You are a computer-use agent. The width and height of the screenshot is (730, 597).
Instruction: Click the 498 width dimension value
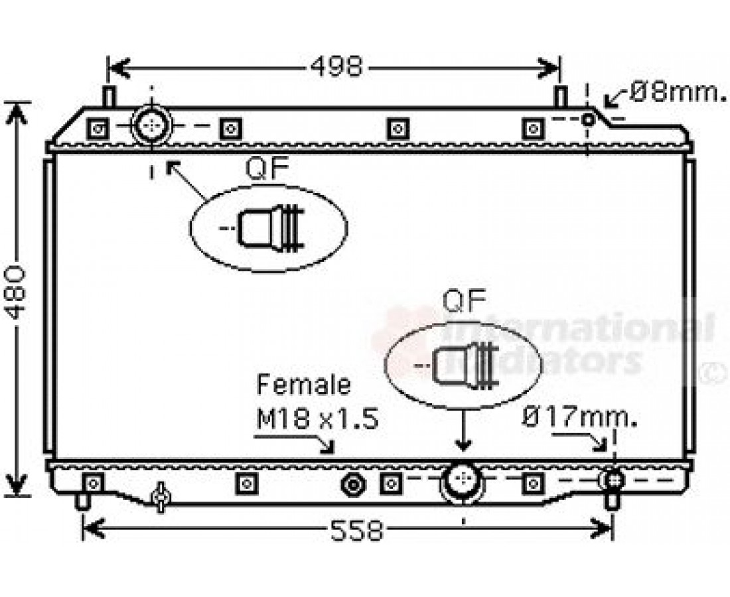[336, 68]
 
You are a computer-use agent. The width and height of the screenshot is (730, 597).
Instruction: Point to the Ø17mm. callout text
[579, 418]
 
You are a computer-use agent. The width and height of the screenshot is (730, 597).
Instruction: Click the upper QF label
[267, 169]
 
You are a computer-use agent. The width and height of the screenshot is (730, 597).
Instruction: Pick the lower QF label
[465, 302]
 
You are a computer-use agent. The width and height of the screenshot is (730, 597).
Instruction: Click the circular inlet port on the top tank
[152, 125]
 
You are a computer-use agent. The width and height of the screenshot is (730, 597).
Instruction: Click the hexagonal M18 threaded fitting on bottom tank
[353, 484]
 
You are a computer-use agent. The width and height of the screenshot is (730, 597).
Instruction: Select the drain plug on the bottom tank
[160, 497]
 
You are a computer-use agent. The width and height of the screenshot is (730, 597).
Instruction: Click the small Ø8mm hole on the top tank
[587, 119]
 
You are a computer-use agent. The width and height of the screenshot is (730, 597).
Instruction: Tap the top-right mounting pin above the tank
[561, 96]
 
